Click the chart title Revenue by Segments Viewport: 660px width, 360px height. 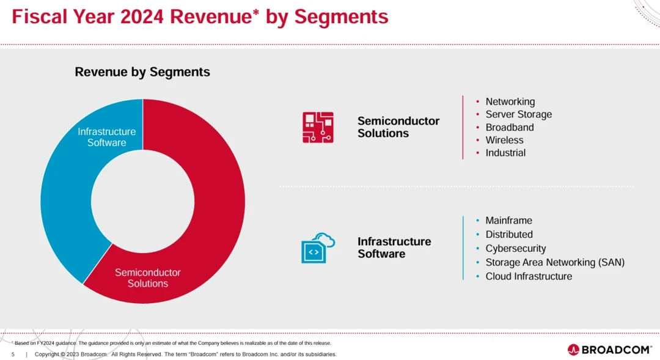tap(142, 72)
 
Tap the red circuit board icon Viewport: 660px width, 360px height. tap(318, 127)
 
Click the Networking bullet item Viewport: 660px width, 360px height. tap(510, 101)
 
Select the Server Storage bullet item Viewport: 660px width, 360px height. tap(518, 114)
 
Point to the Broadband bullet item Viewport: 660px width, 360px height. tap(510, 127)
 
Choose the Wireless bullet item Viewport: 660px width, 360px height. tap(504, 140)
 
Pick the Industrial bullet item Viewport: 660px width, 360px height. tap(505, 153)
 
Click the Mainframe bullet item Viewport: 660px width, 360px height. tap(508, 221)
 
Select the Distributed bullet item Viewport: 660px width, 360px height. tap(509, 235)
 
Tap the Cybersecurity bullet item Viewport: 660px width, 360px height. tap(516, 249)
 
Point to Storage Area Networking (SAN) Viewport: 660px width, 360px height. tap(555, 262)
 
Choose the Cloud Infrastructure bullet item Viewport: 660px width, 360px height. tap(529, 276)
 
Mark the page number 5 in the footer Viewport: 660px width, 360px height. tap(13, 354)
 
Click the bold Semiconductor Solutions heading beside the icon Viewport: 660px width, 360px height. tap(398, 127)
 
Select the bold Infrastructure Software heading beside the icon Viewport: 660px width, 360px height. tap(394, 248)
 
